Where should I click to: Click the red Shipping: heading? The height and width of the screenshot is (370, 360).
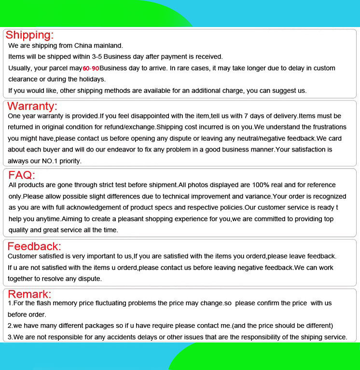29,35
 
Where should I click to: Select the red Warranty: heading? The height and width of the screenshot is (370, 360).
32,106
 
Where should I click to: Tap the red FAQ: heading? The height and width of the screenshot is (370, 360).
21,175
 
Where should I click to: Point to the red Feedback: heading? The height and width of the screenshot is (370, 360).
34,246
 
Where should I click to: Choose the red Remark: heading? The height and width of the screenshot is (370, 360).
29,294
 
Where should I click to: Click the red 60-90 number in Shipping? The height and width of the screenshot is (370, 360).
91,69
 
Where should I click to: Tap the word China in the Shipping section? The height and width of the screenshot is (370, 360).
86,45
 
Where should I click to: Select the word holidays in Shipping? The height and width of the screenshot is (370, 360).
90,79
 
